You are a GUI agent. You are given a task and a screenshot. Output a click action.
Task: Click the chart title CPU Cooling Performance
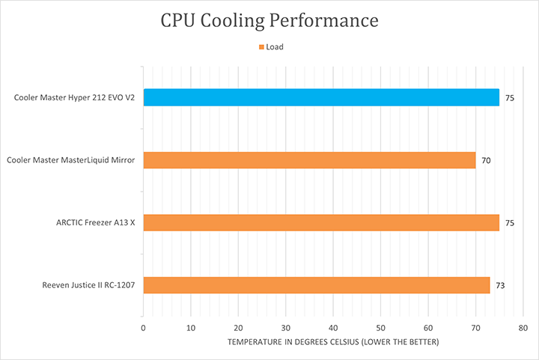(269, 20)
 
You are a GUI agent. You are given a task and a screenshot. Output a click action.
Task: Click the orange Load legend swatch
(261, 47)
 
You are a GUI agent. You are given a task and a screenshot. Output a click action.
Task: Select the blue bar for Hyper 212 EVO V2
(321, 97)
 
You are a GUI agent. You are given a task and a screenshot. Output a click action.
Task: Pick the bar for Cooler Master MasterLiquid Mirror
(309, 160)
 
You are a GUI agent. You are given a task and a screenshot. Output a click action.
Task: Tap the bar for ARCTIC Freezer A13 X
(321, 222)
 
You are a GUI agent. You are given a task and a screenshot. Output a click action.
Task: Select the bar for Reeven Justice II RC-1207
(316, 285)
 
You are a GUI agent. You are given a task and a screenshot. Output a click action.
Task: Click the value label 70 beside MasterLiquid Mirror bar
(486, 161)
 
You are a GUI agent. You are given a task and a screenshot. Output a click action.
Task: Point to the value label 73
(500, 286)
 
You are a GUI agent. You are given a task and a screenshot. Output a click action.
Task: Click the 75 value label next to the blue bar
(509, 98)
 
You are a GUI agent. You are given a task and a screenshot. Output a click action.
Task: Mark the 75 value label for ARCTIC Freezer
(509, 223)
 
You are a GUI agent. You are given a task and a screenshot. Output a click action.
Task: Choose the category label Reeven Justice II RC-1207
(84, 285)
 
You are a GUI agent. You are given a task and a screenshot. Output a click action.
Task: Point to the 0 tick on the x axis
(143, 328)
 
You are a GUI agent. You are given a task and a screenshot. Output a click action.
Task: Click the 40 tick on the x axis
(333, 328)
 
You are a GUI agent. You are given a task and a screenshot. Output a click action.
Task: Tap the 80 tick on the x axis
(523, 328)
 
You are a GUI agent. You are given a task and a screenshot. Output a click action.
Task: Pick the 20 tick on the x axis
(238, 328)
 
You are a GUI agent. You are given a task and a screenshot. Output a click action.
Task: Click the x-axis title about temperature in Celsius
(332, 342)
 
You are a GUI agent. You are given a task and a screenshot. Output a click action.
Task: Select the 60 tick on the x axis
(428, 328)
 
